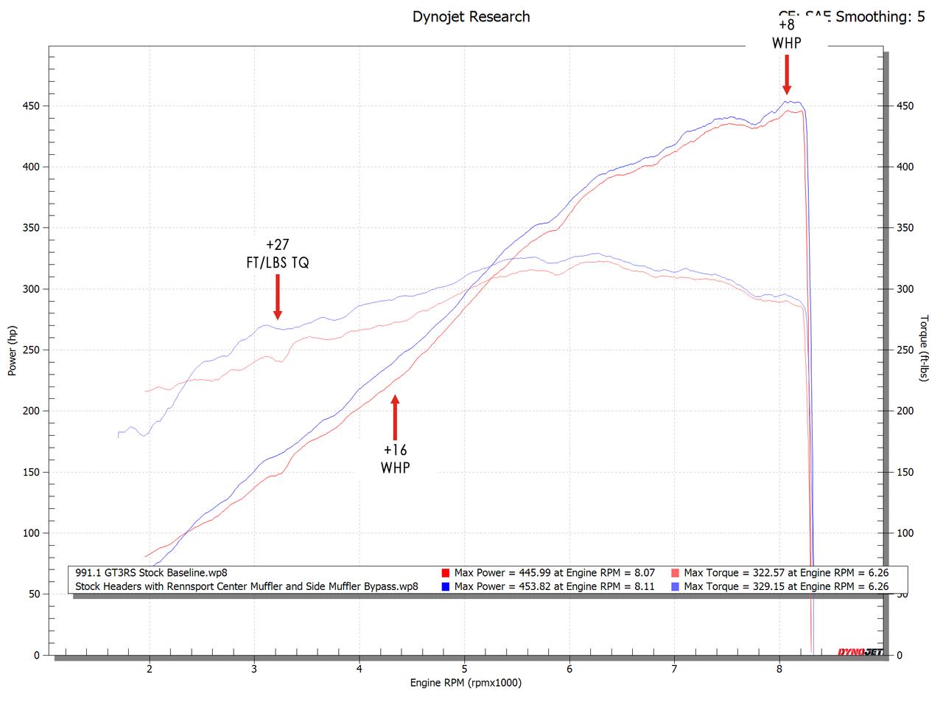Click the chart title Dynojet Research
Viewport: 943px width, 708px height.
(471, 16)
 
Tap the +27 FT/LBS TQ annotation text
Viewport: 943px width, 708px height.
(277, 253)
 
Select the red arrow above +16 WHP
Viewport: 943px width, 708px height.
(395, 417)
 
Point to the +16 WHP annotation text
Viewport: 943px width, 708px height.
(395, 458)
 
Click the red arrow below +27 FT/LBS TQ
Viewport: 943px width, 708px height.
(278, 296)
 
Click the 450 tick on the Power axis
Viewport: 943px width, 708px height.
(30, 105)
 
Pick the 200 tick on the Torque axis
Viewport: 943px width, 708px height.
(905, 411)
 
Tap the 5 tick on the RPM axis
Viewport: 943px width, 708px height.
(464, 669)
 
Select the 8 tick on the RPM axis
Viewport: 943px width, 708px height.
(779, 669)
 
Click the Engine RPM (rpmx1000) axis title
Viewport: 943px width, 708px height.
(466, 683)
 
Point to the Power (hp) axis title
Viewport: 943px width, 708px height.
(12, 350)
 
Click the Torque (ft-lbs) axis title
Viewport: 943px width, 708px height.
(924, 348)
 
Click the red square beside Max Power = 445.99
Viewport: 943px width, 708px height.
(445, 573)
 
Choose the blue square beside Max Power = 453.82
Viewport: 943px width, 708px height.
(445, 587)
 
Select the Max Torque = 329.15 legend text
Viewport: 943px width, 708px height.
(786, 587)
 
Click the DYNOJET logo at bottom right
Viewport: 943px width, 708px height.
(860, 651)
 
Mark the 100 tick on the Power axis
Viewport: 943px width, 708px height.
(30, 532)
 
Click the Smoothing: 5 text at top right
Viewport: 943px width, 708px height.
(880, 16)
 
